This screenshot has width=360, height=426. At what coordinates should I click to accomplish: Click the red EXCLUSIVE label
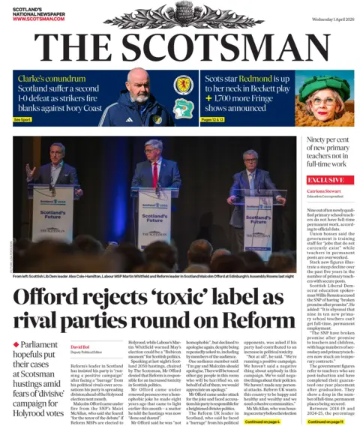point(325,180)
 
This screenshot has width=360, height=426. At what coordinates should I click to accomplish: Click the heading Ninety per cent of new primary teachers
point(325,151)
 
